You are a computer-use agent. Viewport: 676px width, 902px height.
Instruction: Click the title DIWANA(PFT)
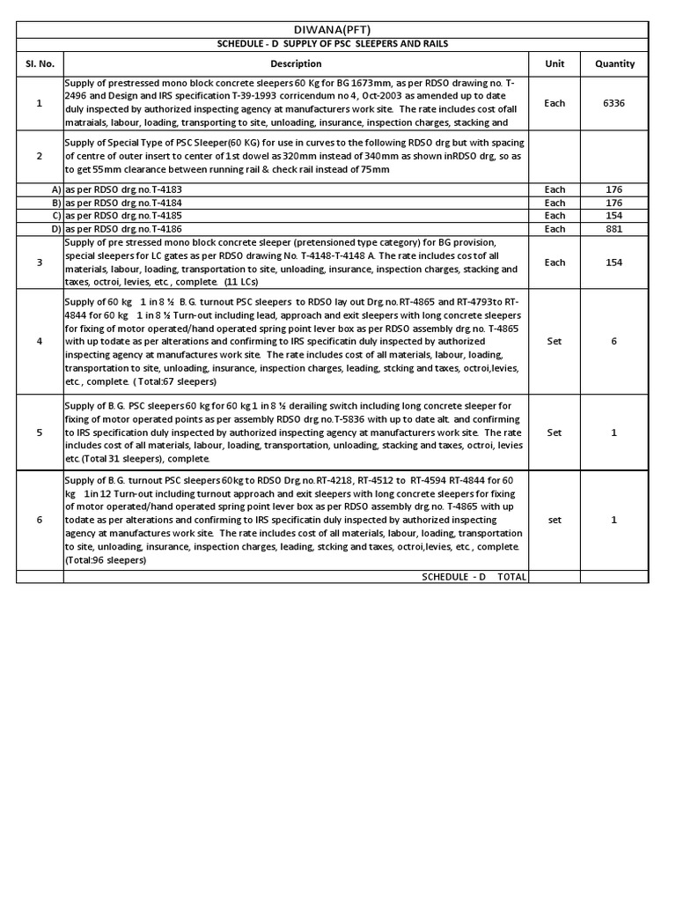[332, 29]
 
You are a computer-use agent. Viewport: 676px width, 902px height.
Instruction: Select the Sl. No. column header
[39, 63]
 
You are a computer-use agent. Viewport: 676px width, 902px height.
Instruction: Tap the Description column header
[296, 63]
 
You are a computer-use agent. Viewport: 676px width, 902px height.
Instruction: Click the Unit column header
[555, 63]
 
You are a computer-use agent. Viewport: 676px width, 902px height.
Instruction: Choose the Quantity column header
[614, 63]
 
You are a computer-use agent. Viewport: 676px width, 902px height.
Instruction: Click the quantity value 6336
[614, 103]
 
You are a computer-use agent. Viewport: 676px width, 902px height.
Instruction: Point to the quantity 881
[614, 229]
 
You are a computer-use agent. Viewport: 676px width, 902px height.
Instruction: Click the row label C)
[56, 216]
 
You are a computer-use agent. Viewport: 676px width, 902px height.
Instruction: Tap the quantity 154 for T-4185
[614, 216]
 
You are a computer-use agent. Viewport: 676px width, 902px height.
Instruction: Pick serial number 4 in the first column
[39, 341]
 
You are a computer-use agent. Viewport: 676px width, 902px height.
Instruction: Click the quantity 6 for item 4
[614, 341]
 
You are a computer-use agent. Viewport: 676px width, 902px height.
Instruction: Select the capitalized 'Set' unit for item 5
[555, 433]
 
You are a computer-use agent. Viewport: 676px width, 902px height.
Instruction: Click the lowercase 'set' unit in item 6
[555, 520]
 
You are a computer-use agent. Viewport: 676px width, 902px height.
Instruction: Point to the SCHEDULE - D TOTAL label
[474, 576]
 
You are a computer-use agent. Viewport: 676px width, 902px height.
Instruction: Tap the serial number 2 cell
[39, 156]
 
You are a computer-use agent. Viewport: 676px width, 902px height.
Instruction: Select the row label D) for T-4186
[56, 229]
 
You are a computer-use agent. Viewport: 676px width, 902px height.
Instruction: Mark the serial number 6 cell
[39, 520]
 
